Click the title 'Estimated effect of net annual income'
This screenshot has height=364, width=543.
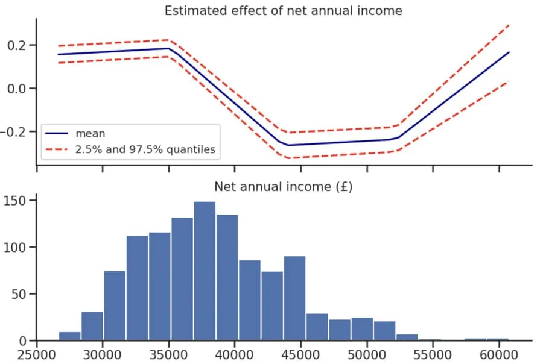point(284,10)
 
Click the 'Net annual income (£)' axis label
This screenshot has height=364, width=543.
point(284,187)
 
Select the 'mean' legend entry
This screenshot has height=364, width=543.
point(90,134)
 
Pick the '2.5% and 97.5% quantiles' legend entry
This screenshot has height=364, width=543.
point(145,149)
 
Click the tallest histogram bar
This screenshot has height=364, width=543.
point(205,271)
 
